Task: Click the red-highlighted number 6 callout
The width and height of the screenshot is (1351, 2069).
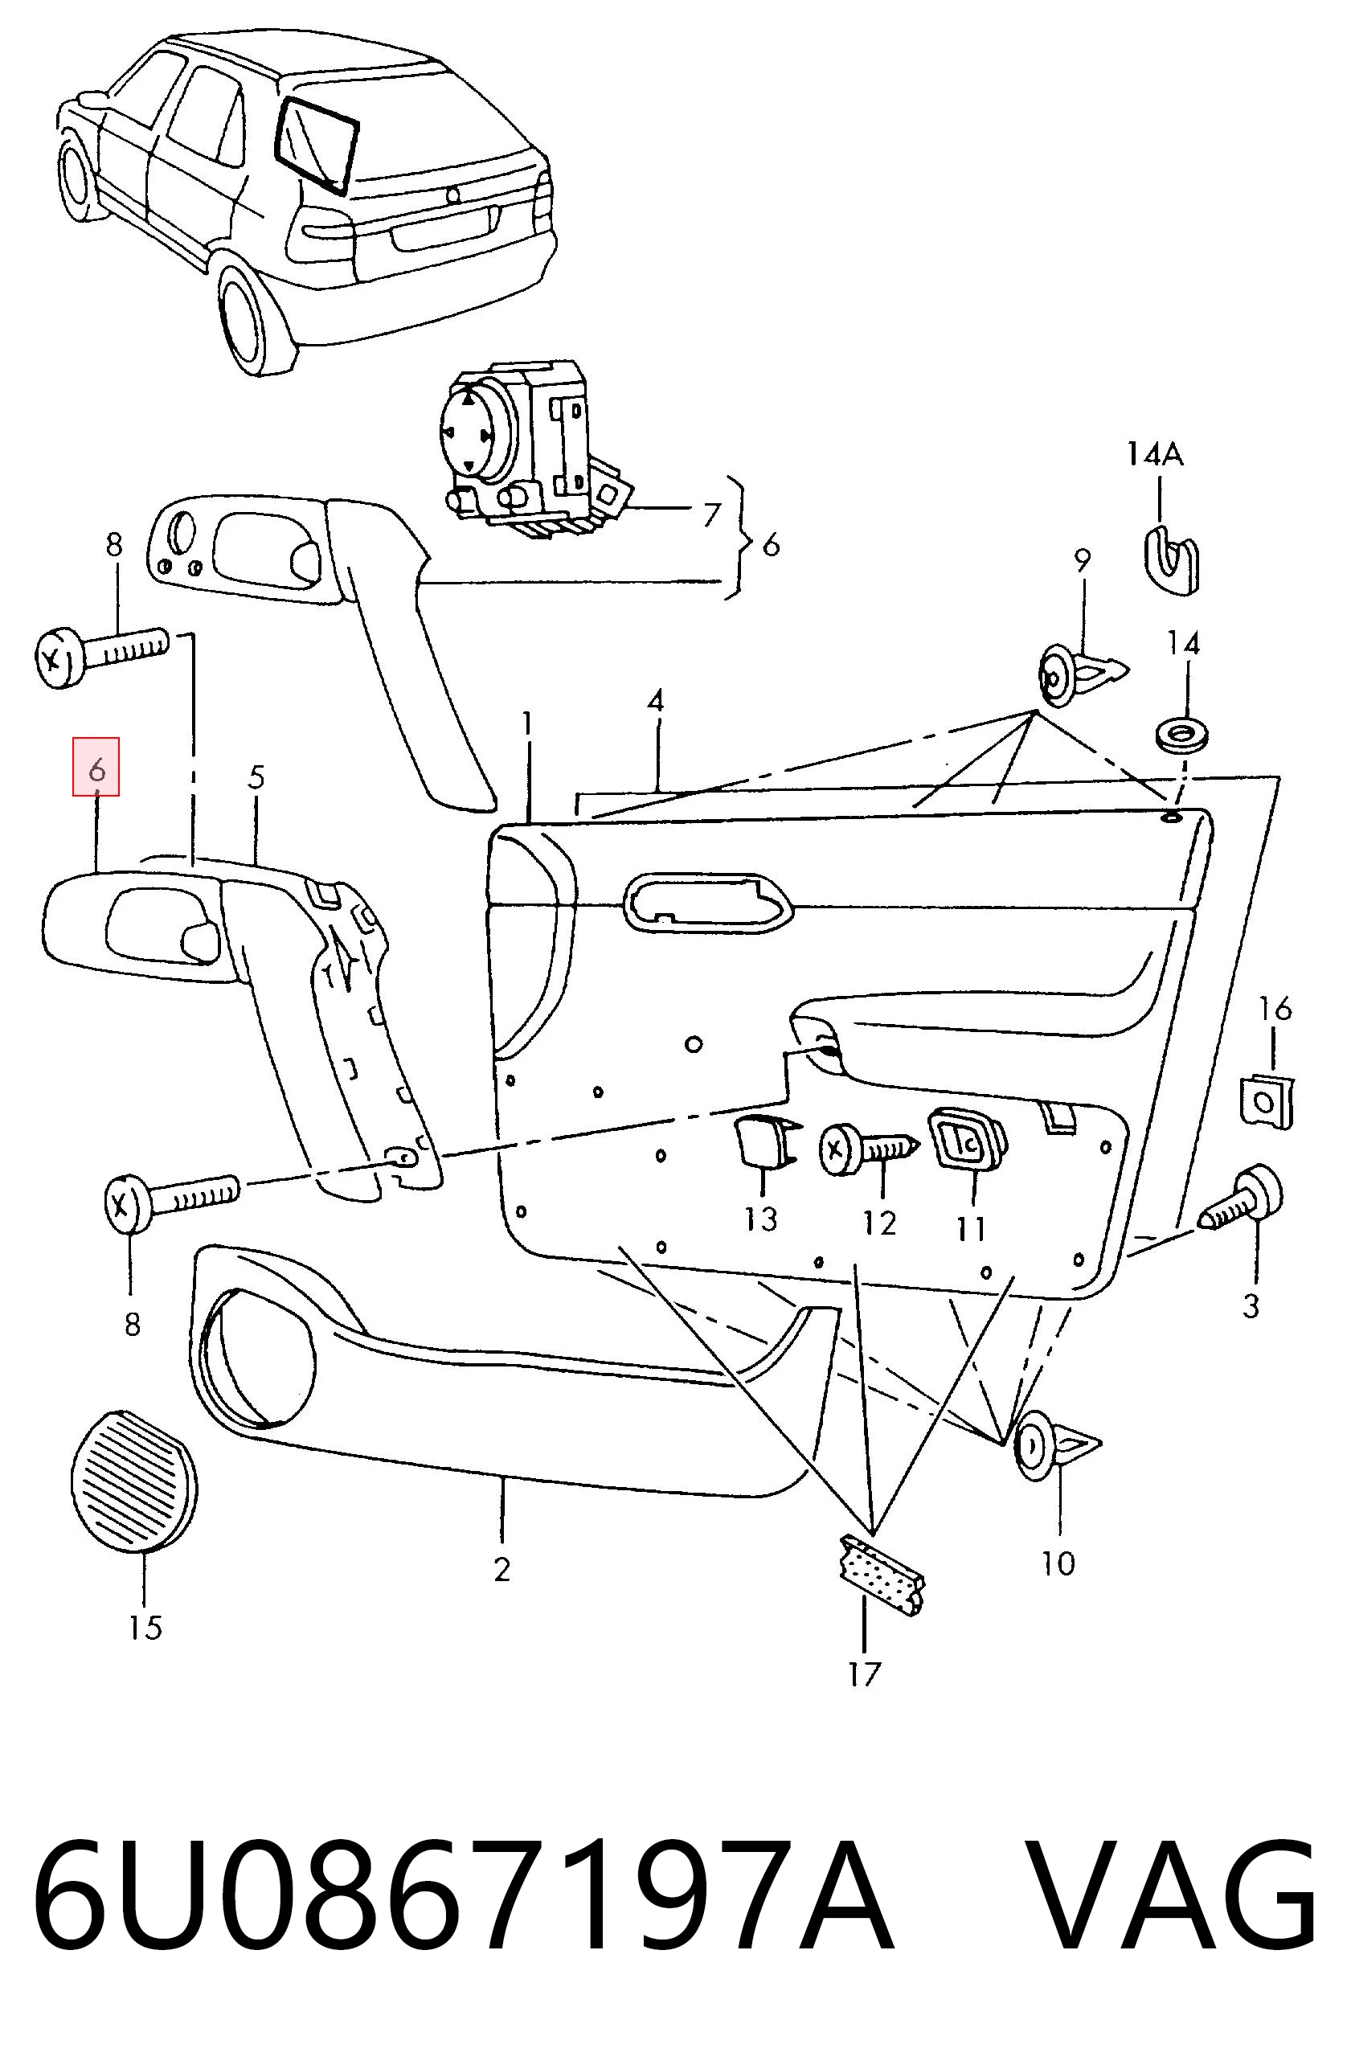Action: click(x=96, y=768)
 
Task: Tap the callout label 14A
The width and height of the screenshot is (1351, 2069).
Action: click(x=1156, y=454)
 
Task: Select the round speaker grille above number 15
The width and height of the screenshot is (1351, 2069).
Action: click(x=133, y=1481)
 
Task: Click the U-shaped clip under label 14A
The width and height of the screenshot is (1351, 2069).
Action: click(x=1169, y=558)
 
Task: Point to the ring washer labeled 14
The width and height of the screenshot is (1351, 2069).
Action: click(x=1181, y=735)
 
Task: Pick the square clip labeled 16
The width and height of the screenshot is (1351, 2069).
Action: click(x=1266, y=1101)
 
